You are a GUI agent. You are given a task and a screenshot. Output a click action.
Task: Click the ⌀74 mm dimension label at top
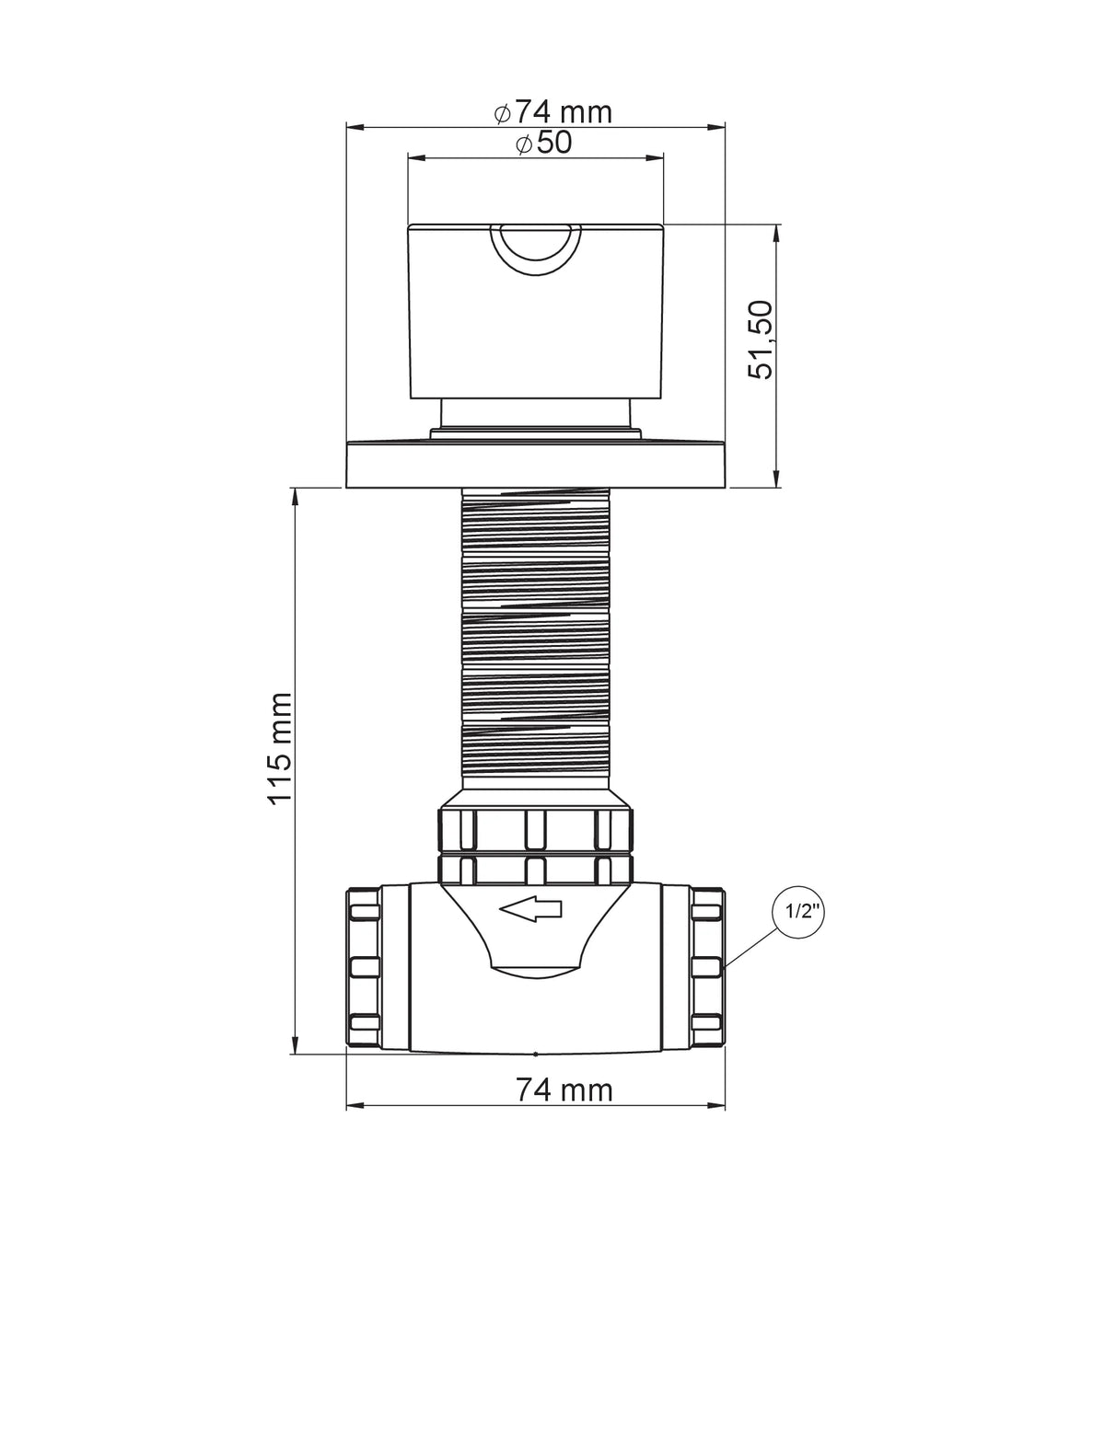552,112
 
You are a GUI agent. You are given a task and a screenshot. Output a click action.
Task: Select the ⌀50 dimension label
543,143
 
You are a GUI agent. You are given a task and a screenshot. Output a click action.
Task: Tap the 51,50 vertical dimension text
761,340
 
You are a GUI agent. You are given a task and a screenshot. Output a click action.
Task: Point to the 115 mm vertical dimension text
280,748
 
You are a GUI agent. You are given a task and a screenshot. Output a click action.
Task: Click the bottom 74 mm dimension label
564,1089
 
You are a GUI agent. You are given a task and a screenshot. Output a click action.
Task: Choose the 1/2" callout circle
798,912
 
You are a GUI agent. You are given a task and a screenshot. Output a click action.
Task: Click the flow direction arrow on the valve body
530,909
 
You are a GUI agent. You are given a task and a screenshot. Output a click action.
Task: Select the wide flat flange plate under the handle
536,466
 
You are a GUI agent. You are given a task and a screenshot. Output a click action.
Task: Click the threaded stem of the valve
536,639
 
